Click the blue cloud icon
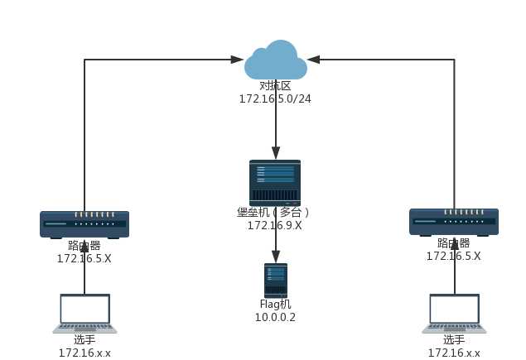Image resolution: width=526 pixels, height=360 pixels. (x=275, y=60)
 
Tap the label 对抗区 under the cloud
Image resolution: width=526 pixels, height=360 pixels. (x=275, y=86)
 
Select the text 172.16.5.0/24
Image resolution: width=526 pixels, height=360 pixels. (x=275, y=99)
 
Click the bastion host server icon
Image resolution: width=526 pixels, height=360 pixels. (x=275, y=183)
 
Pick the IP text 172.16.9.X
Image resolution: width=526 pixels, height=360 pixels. (x=274, y=226)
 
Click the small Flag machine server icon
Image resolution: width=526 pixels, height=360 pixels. (x=275, y=281)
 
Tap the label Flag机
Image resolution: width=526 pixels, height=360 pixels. (x=275, y=305)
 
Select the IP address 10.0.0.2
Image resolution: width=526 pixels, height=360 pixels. (x=275, y=318)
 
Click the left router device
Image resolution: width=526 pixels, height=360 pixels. (x=84, y=223)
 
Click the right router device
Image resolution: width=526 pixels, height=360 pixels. (x=454, y=222)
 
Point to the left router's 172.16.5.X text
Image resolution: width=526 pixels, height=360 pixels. (x=84, y=258)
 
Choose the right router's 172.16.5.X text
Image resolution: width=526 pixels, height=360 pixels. (x=453, y=257)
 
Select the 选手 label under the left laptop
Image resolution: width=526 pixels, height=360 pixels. (x=84, y=340)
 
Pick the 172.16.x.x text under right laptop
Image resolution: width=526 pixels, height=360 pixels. (x=453, y=353)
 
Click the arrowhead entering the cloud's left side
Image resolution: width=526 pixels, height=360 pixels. (x=237, y=60)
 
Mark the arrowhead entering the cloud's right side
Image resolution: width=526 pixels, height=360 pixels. (x=314, y=60)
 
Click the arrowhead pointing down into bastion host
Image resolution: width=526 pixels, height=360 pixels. (x=275, y=153)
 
